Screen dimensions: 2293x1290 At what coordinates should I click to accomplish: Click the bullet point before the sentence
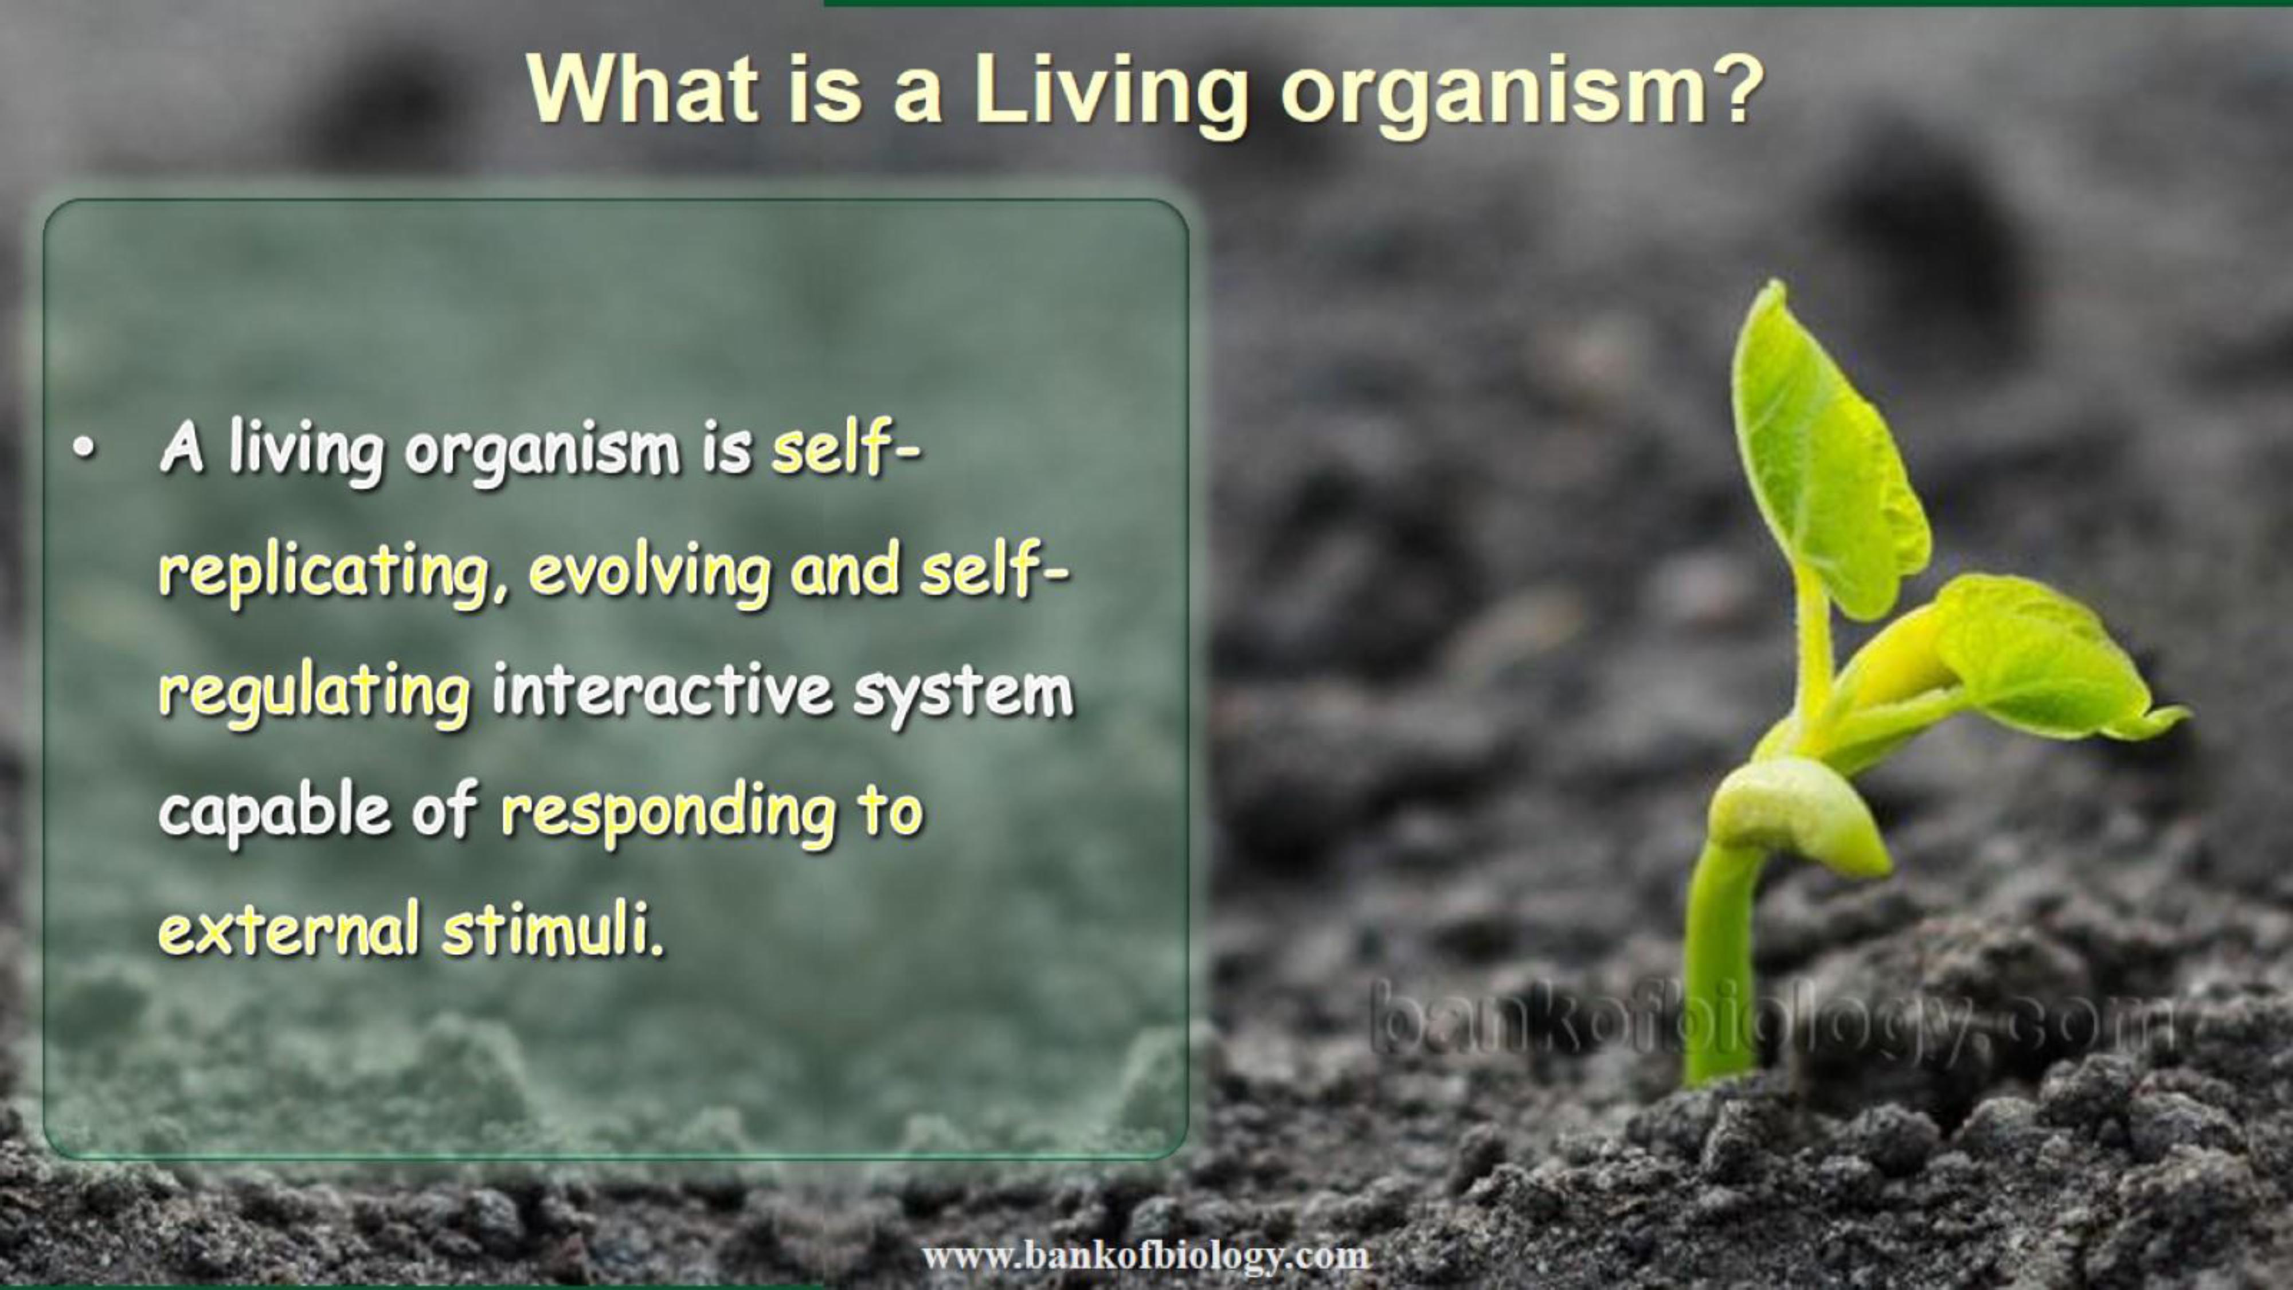click(83, 449)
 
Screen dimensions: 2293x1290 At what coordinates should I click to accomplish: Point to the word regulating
click(314, 694)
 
